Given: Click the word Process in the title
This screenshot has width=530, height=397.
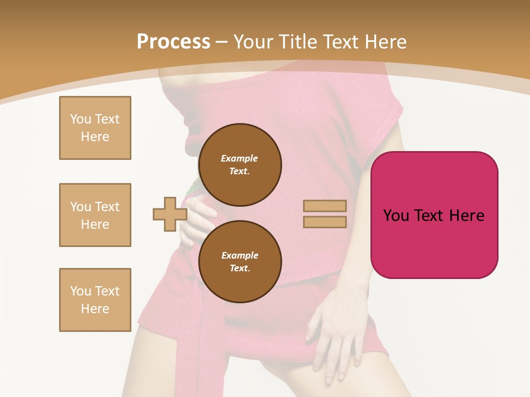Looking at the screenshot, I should tap(173, 42).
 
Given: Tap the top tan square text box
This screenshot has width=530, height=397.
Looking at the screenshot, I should tap(95, 128).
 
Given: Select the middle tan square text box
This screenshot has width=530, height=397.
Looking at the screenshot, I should tap(95, 215).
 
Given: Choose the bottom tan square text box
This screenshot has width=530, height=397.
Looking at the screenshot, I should tap(95, 300).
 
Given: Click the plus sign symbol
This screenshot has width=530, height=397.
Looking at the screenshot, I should tap(169, 214).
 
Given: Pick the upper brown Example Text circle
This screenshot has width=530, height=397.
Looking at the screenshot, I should tap(240, 165).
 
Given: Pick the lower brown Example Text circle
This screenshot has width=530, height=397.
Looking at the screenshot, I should tap(240, 262).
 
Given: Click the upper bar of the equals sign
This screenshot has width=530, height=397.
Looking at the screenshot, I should tap(325, 206).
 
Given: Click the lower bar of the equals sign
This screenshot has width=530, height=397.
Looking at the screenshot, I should tap(325, 222).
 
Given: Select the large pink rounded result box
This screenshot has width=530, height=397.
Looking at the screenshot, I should tap(434, 215).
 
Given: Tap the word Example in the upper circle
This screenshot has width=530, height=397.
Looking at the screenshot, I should tap(240, 159).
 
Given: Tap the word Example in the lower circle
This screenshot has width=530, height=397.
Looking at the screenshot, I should tap(240, 256).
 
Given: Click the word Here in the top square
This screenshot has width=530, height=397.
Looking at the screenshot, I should tap(95, 137).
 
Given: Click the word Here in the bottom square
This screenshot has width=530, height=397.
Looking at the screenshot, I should tap(95, 309).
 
